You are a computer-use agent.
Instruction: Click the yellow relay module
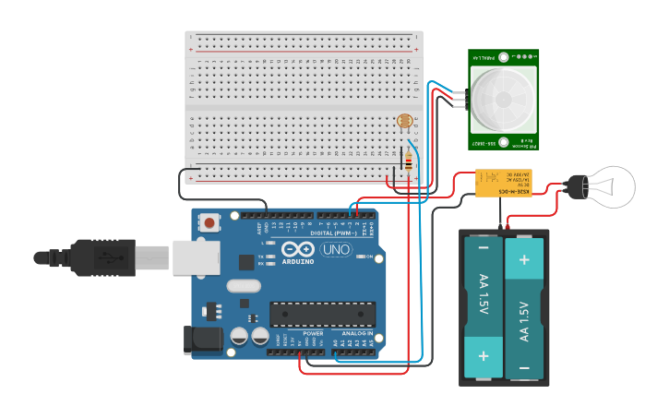click(x=502, y=185)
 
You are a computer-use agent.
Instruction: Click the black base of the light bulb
click(x=578, y=186)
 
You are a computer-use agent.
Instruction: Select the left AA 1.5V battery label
click(x=483, y=295)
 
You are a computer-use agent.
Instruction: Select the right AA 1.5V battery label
click(x=524, y=319)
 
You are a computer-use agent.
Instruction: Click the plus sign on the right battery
click(x=524, y=259)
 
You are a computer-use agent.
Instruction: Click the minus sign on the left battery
click(x=483, y=247)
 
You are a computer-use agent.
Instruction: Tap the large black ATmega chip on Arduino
click(x=322, y=314)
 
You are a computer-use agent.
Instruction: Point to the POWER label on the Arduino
click(x=313, y=333)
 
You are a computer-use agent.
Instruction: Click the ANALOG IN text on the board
click(x=357, y=333)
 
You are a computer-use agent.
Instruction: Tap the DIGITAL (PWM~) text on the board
click(x=335, y=233)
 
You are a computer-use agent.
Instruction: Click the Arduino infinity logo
click(x=298, y=249)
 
